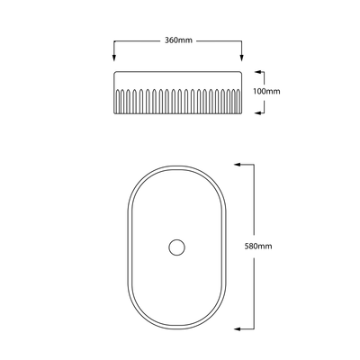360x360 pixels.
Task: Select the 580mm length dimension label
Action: click(x=257, y=246)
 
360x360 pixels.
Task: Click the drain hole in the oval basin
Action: click(x=176, y=246)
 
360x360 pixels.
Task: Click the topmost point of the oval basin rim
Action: click(x=176, y=164)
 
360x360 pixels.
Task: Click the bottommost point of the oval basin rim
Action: click(x=176, y=328)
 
